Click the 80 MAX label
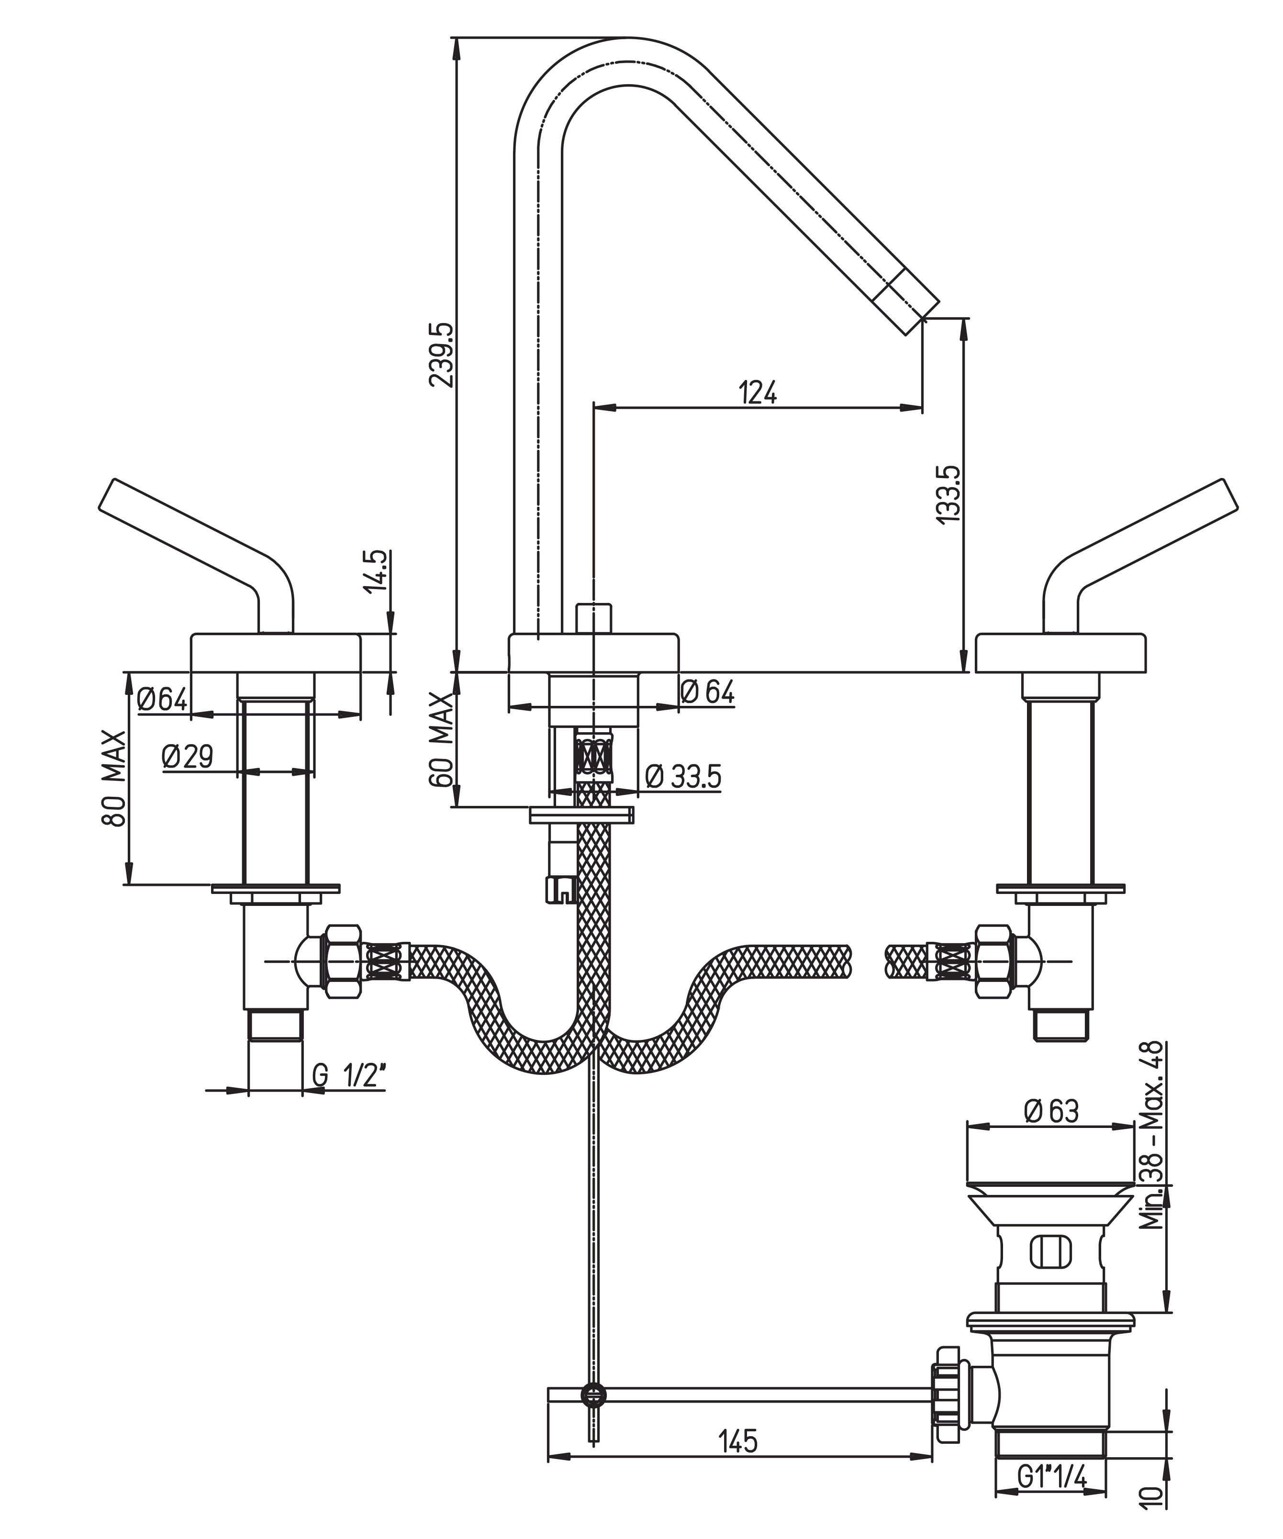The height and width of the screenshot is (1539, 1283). (114, 778)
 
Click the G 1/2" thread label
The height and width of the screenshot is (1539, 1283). (349, 1076)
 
